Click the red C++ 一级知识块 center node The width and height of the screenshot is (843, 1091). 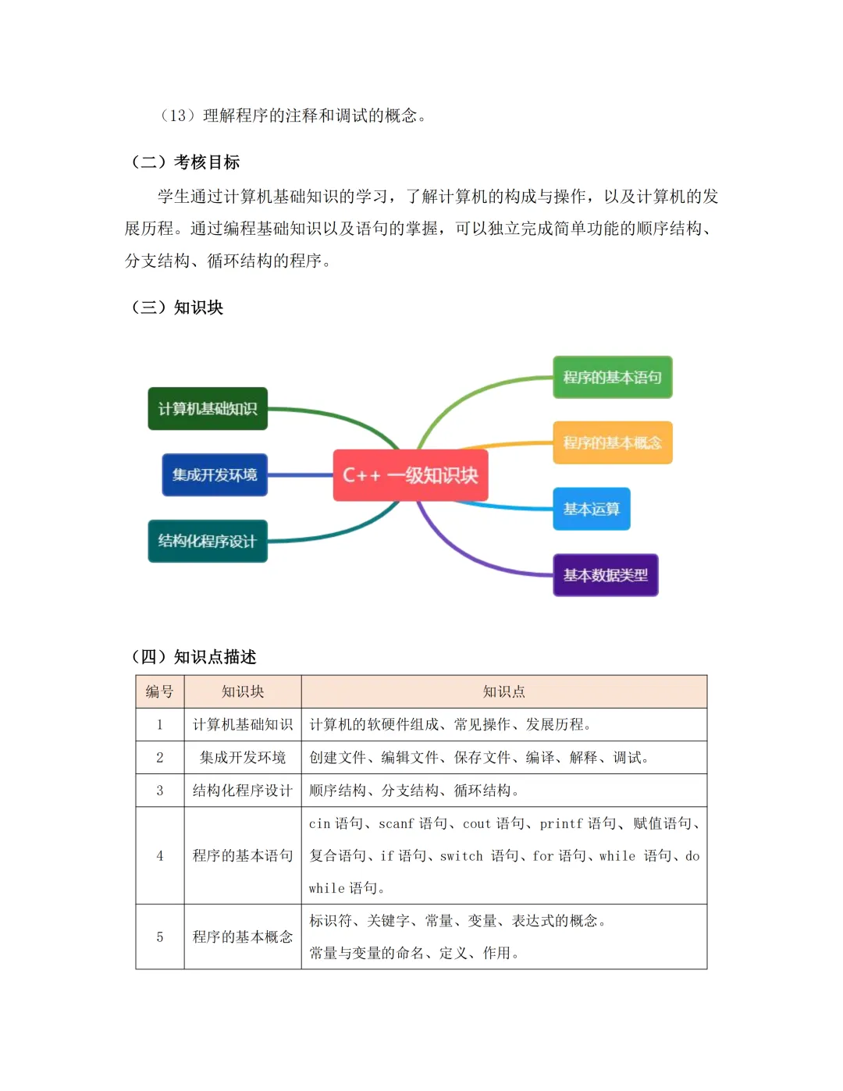point(411,475)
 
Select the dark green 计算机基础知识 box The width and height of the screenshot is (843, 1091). point(208,409)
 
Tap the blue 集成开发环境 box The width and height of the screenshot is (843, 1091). point(215,475)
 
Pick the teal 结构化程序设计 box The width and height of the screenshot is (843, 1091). point(208,542)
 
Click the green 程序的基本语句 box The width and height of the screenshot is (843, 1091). point(612,378)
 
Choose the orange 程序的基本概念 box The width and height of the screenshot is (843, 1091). point(612,443)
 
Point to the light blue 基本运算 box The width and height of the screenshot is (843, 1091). point(591,510)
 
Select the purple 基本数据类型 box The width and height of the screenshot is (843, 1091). point(606,576)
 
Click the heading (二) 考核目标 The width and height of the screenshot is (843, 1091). point(186,162)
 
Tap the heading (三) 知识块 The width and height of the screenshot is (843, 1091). point(177,307)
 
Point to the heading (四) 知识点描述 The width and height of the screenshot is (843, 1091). point(194,657)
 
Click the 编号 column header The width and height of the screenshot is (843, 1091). point(160,692)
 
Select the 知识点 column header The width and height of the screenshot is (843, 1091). point(504,692)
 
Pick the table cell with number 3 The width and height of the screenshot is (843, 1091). point(160,791)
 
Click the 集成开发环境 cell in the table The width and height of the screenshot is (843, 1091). point(243,758)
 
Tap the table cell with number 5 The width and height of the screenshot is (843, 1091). point(160,937)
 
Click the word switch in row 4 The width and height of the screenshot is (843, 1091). point(461,856)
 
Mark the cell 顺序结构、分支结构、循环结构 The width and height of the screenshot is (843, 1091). point(414,791)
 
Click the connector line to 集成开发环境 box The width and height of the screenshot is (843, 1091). point(301,475)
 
